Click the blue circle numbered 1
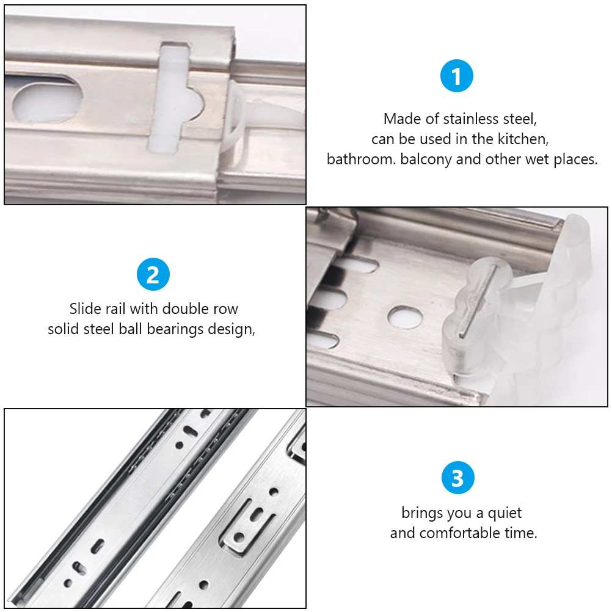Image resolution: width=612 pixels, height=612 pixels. [457, 77]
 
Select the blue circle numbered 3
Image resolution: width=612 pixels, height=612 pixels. [457, 478]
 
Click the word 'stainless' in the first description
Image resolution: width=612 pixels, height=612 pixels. [471, 118]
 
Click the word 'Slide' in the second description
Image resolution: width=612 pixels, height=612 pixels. [86, 308]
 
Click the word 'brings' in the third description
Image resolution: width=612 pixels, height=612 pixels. [422, 512]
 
